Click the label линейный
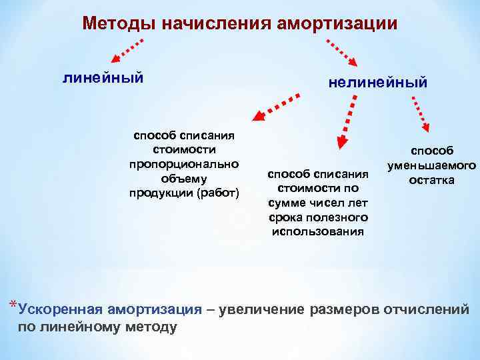(x=103, y=78)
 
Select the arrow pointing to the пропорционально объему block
(x=275, y=108)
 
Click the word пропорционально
(x=183, y=164)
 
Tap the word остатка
(x=431, y=180)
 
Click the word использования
(x=318, y=231)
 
